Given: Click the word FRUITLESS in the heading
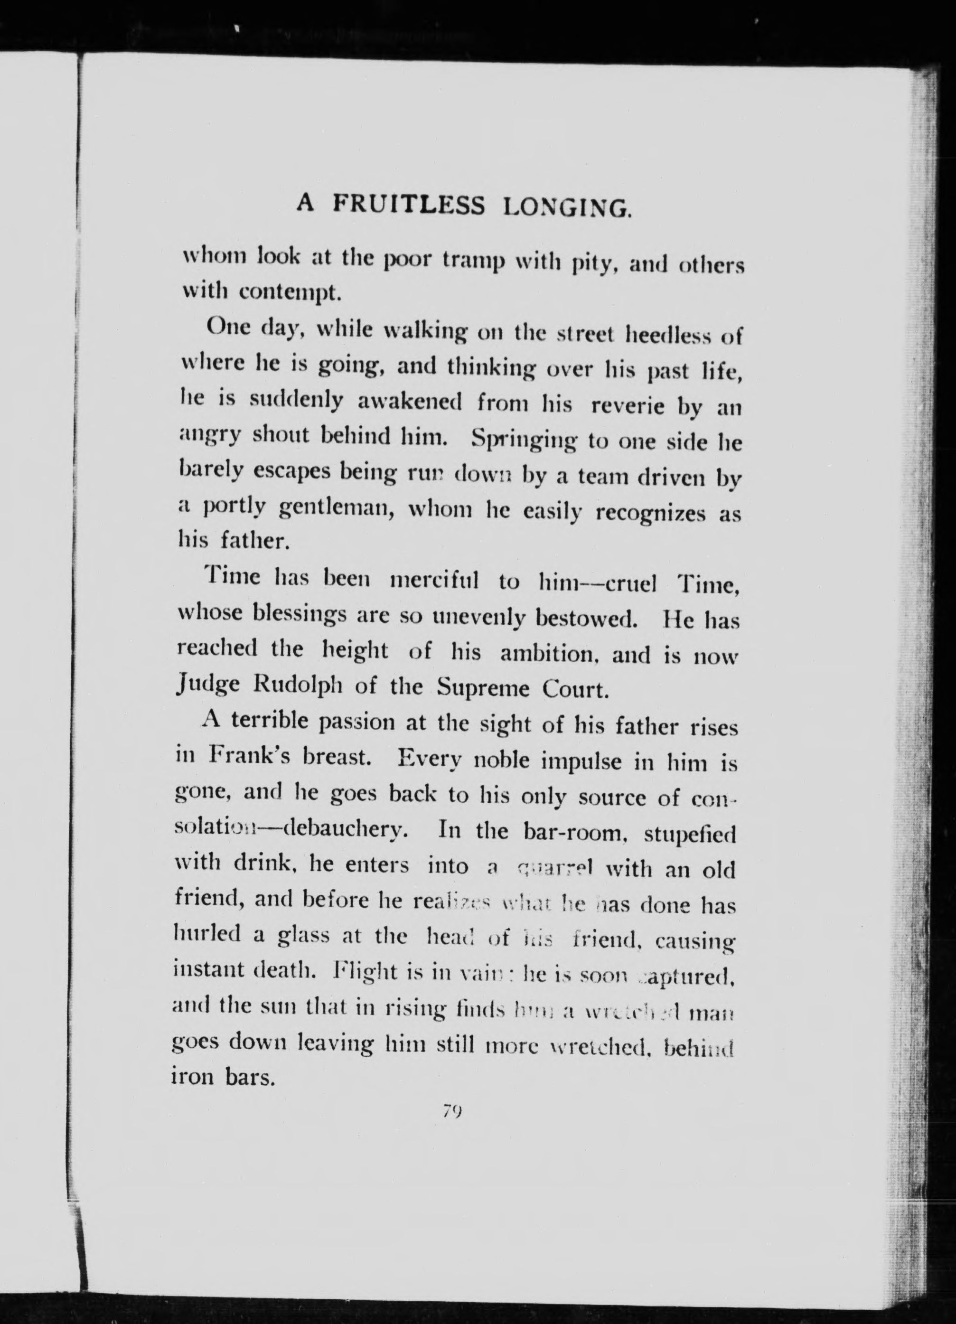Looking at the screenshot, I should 409,205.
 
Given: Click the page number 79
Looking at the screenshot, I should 452,1111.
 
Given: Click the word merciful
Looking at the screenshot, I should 434,582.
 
